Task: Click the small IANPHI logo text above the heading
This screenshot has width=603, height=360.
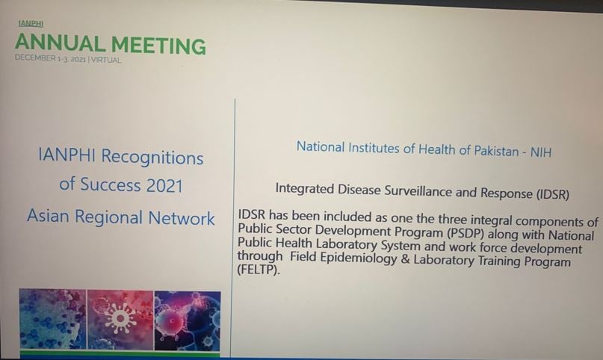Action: point(31,23)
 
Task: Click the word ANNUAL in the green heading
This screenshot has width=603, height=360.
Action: point(61,43)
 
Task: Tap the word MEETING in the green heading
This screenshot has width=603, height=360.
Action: point(158,46)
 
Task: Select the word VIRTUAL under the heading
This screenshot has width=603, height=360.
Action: point(106,60)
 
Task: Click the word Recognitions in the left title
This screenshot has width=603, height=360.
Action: point(152,158)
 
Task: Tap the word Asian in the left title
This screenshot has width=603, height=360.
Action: point(49,216)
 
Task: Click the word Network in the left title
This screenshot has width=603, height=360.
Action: point(182,218)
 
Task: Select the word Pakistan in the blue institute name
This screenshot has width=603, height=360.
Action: point(496,151)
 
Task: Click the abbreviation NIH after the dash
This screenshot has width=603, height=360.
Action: point(541,152)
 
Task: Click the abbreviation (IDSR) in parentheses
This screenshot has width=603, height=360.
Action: point(553,194)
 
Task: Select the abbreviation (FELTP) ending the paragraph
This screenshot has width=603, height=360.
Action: point(259,270)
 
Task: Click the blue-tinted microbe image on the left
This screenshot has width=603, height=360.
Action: point(53,319)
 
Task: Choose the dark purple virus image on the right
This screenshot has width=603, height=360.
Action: point(188,320)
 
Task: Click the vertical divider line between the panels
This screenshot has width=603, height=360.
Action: point(233,228)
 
